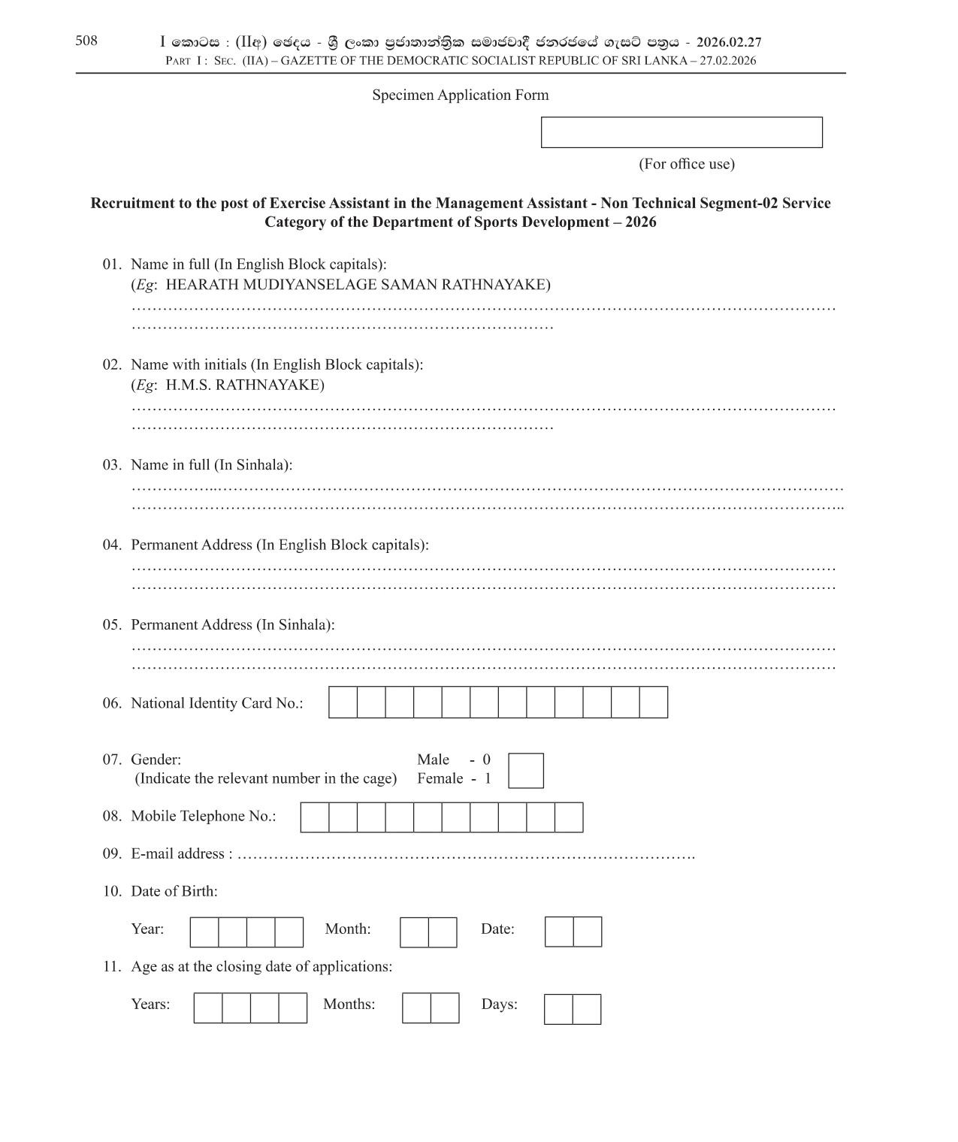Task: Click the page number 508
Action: pos(86,41)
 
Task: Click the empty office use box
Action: pos(681,132)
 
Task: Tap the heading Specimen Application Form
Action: pos(460,95)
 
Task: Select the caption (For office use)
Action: pos(686,164)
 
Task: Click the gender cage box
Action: pos(525,771)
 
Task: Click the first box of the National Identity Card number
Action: pos(343,702)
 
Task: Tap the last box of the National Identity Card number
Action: pos(654,702)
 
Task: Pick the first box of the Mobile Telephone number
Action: pos(315,817)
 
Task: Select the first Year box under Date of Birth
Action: pos(204,932)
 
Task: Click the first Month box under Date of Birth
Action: pos(414,932)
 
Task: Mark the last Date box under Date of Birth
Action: pos(588,932)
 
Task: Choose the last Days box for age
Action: pos(587,1009)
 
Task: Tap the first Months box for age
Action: pos(416,1008)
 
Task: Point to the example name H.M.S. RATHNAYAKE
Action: pos(245,385)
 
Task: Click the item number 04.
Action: pos(112,545)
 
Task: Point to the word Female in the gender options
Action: pos(440,778)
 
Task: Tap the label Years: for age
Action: pos(150,1005)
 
